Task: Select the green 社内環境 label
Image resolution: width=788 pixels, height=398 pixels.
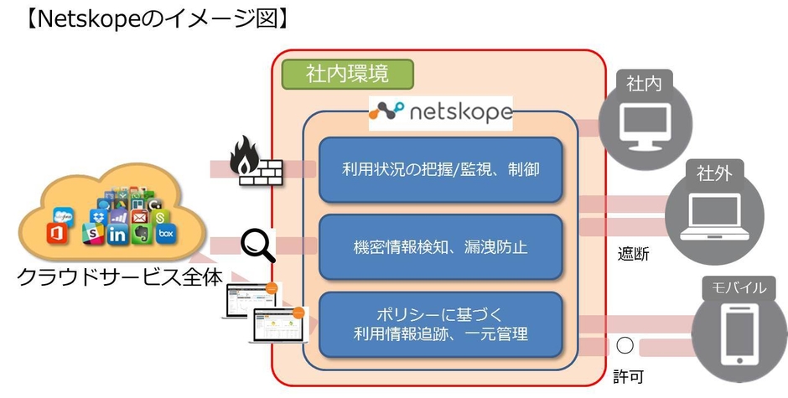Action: click(347, 74)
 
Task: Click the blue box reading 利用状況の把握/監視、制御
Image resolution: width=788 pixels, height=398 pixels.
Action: click(440, 170)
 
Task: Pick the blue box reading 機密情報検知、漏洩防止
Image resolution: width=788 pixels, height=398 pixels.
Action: click(440, 248)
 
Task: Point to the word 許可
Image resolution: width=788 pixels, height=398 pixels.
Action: click(628, 376)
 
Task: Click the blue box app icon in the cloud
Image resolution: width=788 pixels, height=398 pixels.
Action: click(167, 234)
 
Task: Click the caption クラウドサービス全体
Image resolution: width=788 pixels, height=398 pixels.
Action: click(120, 277)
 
